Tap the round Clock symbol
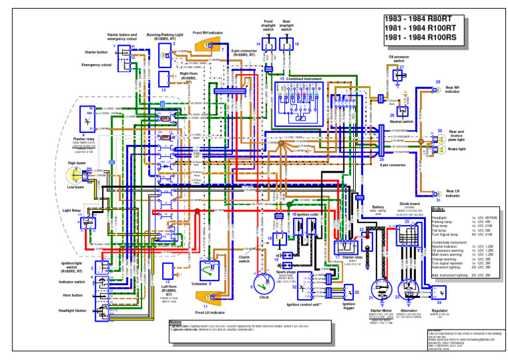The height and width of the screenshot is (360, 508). pyautogui.click(x=264, y=284)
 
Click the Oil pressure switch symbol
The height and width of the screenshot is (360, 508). pyautogui.click(x=399, y=75)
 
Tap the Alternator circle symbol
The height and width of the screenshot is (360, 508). pyautogui.click(x=408, y=285)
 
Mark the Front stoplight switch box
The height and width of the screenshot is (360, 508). pyautogui.click(x=269, y=44)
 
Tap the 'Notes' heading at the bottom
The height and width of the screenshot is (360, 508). pyautogui.click(x=175, y=324)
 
